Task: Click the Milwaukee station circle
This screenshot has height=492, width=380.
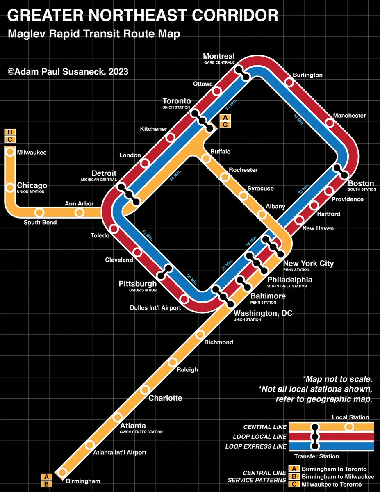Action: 10,152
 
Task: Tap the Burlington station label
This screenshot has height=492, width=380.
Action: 307,75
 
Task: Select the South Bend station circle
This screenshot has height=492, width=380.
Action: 39,212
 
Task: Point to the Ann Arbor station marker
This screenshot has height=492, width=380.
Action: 80,212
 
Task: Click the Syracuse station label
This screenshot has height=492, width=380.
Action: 260,189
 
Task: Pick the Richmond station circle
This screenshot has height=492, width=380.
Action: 200,335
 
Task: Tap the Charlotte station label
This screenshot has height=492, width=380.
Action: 165,398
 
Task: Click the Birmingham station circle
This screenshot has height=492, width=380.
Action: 62,472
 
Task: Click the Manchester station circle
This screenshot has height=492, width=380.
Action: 330,123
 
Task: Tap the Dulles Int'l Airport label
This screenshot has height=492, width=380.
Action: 155,308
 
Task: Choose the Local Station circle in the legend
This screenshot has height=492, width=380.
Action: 349,427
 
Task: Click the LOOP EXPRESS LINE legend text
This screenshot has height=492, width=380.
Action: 256,446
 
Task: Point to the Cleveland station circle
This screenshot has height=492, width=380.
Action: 137,252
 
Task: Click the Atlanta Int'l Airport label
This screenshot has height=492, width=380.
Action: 120,453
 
